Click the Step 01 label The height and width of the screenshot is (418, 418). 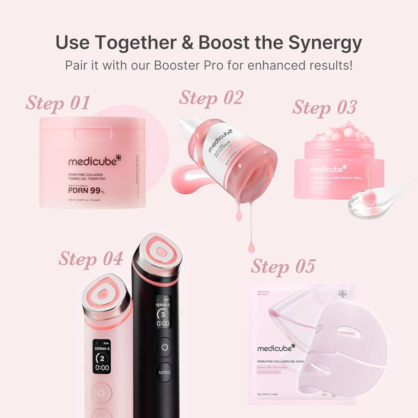(x=58, y=103)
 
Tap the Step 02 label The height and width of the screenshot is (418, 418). (x=211, y=98)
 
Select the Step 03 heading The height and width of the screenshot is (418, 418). (x=324, y=107)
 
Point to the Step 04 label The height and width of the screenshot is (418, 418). (x=91, y=259)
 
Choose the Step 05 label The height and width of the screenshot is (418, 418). (x=283, y=266)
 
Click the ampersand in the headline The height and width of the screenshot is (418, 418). (x=187, y=43)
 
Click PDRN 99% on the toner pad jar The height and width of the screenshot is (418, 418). (x=86, y=190)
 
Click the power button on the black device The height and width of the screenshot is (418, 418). (x=164, y=347)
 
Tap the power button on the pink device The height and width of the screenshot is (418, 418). (x=101, y=393)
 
